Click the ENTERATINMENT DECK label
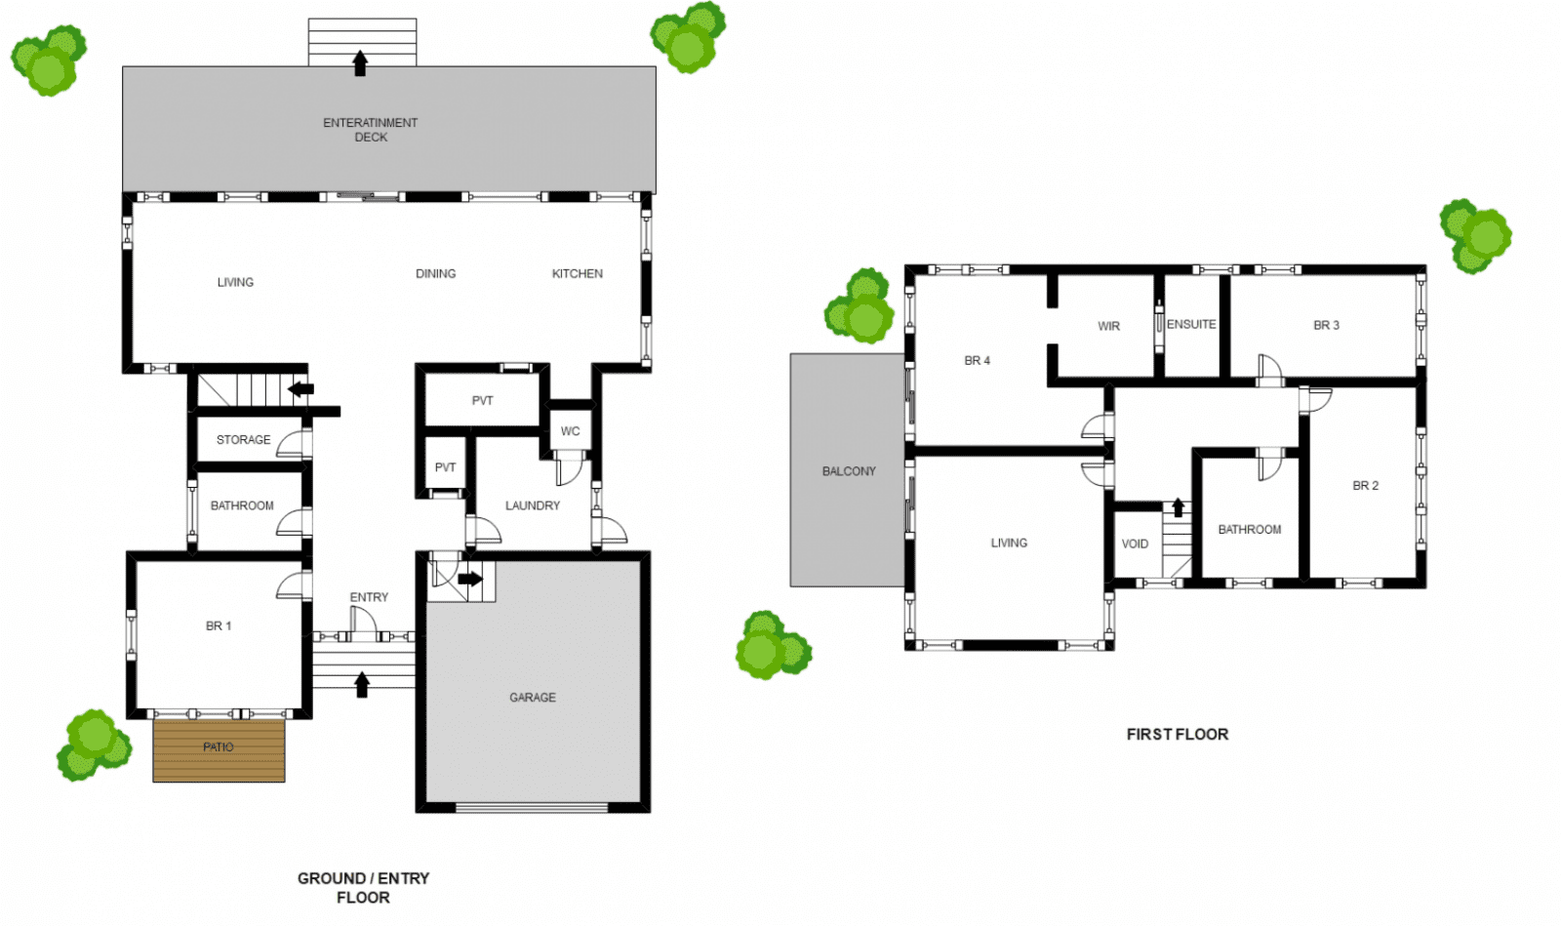370,130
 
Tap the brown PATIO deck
219,750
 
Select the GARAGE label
533,698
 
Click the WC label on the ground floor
570,431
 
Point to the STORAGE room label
243,440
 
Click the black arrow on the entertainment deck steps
360,63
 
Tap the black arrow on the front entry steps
362,685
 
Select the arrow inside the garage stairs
470,579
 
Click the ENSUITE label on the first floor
1191,324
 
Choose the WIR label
1108,326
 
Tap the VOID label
1135,544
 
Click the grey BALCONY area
848,469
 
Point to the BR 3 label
1326,325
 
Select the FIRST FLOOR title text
1177,735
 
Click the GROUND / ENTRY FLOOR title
363,888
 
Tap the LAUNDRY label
533,505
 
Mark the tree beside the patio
94,745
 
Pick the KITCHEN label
577,274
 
